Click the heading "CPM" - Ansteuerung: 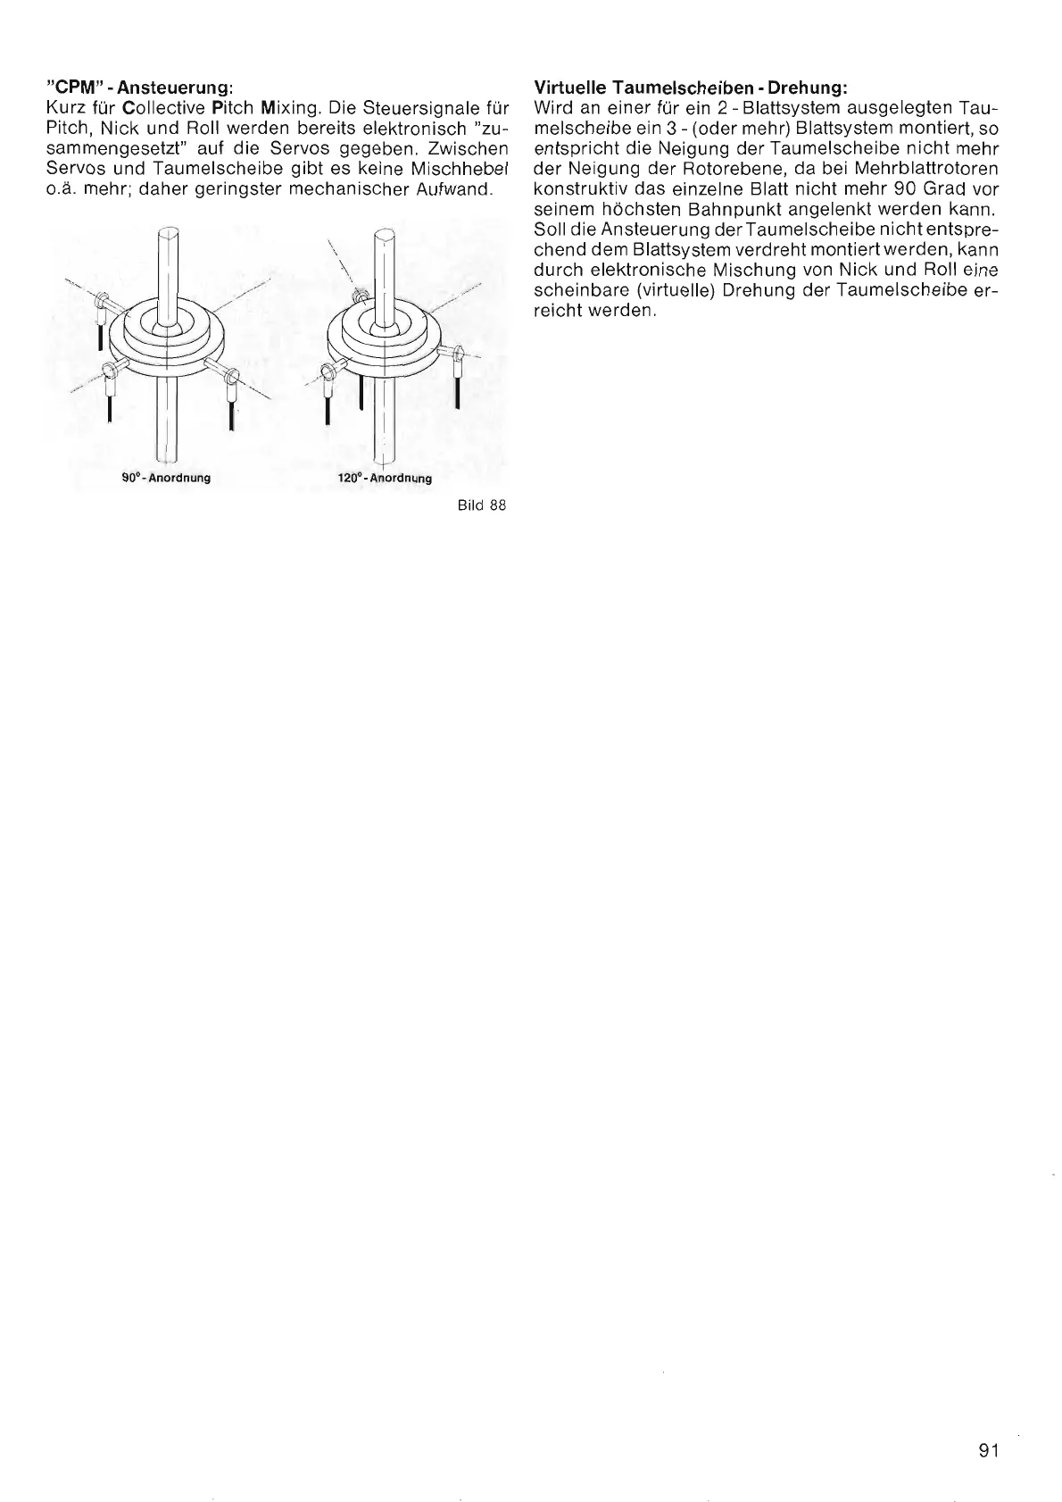click(140, 88)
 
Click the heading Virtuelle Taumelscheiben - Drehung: click(689, 88)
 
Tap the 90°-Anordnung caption click(166, 478)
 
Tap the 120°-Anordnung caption click(385, 478)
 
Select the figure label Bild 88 click(482, 505)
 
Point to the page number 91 click(987, 1450)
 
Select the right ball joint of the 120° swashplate click(457, 355)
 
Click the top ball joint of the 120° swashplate click(360, 296)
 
